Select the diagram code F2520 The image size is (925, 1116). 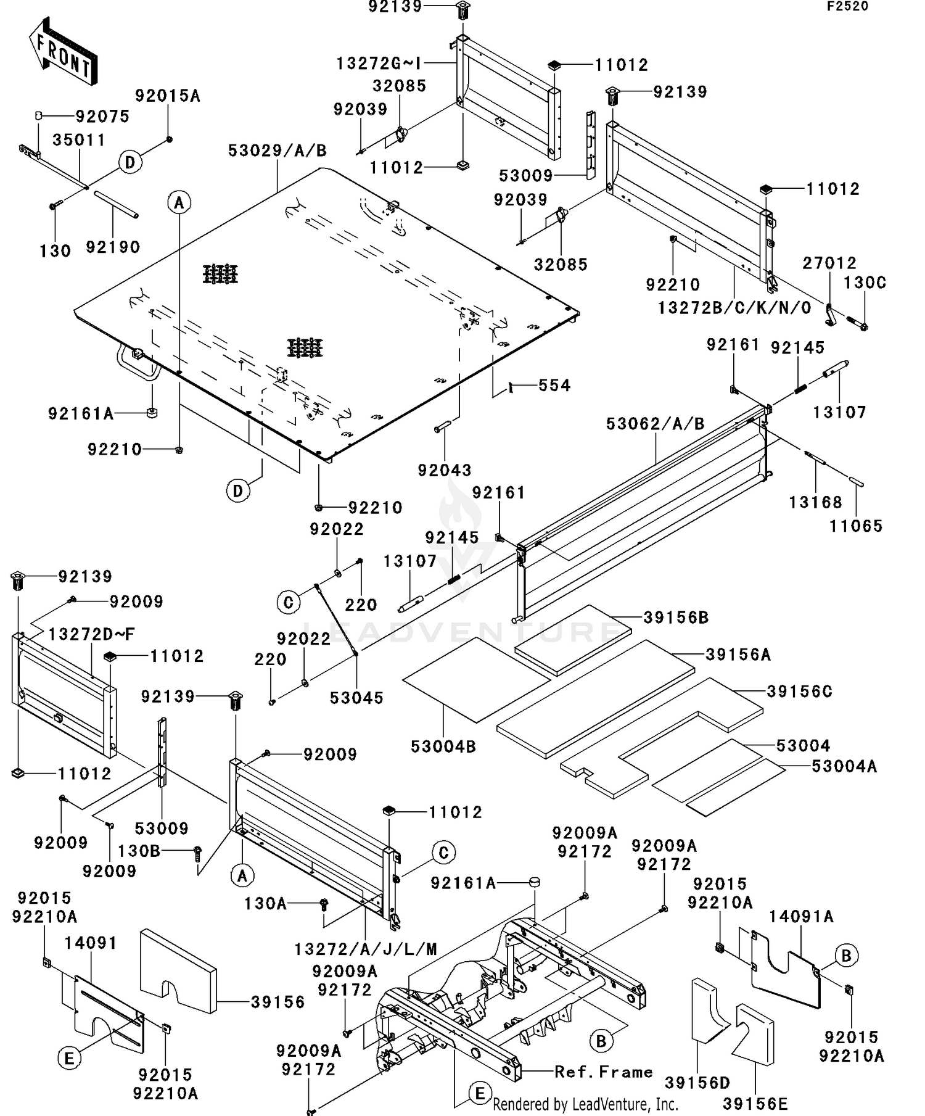tap(847, 7)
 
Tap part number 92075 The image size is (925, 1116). tap(102, 117)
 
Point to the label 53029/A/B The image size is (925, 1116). tap(277, 151)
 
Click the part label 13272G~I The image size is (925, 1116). tap(379, 64)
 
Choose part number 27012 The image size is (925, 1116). tap(829, 263)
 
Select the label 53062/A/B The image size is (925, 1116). tap(655, 424)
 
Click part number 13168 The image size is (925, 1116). tap(815, 502)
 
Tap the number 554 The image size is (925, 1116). tap(554, 386)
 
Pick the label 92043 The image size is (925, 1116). tap(445, 470)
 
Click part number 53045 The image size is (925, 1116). tap(356, 698)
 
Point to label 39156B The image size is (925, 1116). tap(676, 617)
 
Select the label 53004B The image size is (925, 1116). tap(443, 746)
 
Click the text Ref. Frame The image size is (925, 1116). tap(603, 1072)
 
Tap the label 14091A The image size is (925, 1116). tap(800, 917)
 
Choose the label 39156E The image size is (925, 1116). tap(755, 1103)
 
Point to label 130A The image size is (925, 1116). tap(265, 904)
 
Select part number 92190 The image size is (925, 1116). tap(113, 247)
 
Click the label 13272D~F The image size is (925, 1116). tap(91, 634)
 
